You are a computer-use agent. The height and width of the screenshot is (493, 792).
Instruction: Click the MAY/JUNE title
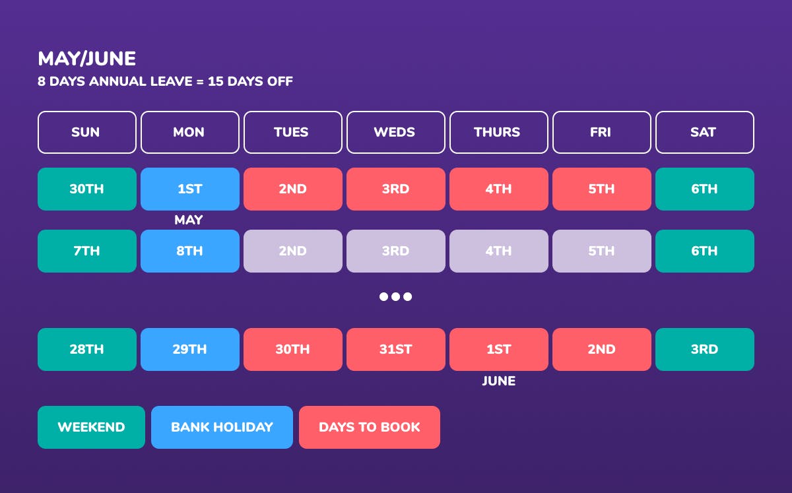[87, 58]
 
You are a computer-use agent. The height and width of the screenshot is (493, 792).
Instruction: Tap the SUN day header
[87, 132]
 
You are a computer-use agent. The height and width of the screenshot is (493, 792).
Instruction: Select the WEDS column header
[395, 132]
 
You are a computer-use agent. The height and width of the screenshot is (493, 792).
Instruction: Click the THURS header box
[498, 132]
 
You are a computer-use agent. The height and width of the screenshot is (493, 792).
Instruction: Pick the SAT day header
[705, 132]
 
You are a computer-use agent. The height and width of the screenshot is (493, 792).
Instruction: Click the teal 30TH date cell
[87, 189]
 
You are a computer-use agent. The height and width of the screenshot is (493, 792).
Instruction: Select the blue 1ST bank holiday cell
[190, 189]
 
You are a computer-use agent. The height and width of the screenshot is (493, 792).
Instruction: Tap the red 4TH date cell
[498, 189]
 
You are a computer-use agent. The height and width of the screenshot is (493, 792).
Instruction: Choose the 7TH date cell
[87, 251]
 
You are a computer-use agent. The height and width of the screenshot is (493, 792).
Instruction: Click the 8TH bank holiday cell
[190, 251]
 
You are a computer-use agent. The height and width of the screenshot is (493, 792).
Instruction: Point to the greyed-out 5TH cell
[602, 251]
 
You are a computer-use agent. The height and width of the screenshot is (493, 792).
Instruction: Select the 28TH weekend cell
[87, 349]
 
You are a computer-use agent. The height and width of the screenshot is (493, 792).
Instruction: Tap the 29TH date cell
[190, 349]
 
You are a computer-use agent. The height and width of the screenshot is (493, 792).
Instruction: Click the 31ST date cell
[395, 349]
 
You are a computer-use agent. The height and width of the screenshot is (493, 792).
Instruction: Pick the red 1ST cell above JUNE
[498, 349]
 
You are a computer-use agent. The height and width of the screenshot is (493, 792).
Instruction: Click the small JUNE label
[498, 381]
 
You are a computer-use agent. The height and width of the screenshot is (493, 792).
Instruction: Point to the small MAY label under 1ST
[189, 220]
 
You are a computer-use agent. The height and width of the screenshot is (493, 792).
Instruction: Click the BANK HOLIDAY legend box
[222, 427]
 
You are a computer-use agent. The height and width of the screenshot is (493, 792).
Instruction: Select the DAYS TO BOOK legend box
[370, 427]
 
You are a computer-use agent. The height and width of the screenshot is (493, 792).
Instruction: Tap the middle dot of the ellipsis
[395, 296]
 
